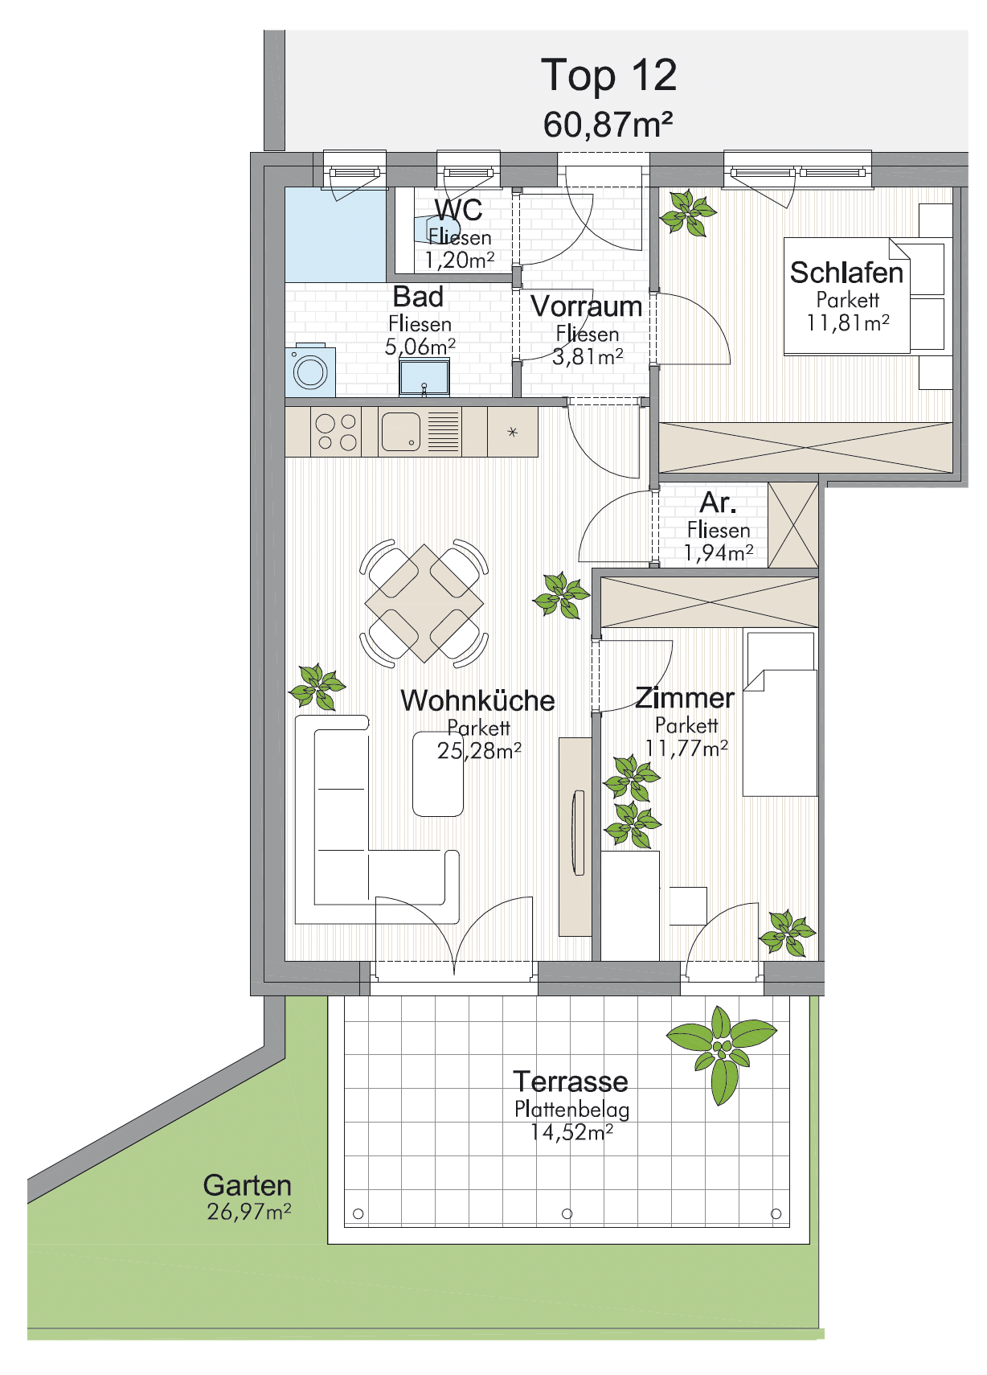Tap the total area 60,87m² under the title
click(608, 124)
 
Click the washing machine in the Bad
click(310, 370)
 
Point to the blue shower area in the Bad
click(335, 235)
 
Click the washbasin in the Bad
click(424, 377)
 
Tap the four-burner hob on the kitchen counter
click(336, 432)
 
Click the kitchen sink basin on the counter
click(401, 431)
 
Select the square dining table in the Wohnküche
click(424, 603)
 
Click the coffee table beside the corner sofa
click(437, 774)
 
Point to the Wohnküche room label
click(478, 700)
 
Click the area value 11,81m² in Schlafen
click(847, 322)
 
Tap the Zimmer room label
click(685, 698)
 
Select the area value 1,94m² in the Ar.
click(719, 552)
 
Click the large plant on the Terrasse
click(722, 1055)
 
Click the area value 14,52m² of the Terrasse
click(571, 1131)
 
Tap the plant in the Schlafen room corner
click(688, 213)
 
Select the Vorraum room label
click(586, 306)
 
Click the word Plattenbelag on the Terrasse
click(571, 1109)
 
